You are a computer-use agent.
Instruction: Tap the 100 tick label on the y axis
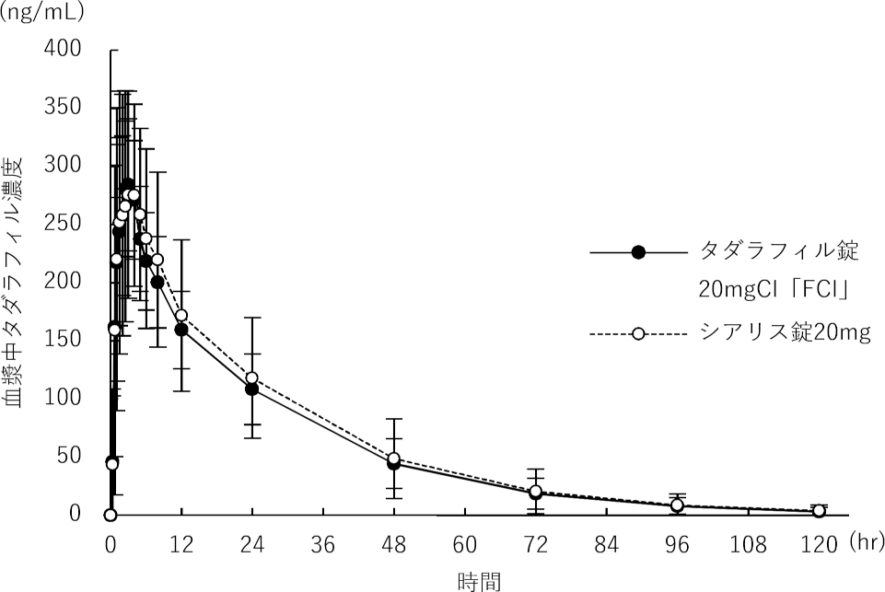(64, 397)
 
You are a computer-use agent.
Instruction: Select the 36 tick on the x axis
(323, 544)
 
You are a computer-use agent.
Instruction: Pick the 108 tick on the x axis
(748, 544)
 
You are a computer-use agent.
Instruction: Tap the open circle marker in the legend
(638, 332)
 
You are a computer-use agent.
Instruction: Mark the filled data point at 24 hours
(251, 389)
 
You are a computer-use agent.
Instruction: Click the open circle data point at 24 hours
(251, 378)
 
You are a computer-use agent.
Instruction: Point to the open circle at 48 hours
(394, 459)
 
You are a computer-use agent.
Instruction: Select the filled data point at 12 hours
(181, 330)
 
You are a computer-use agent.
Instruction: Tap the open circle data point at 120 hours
(819, 511)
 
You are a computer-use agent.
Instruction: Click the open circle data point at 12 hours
(181, 316)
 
